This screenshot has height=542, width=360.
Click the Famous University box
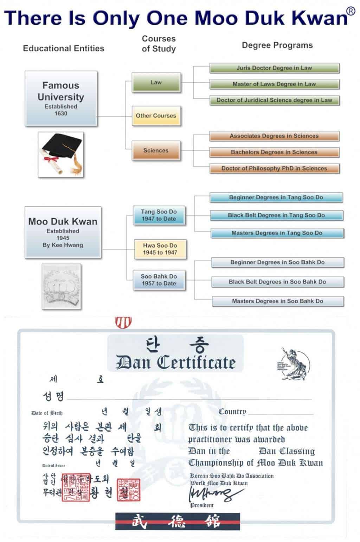coord(61,98)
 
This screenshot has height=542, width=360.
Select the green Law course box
coord(156,83)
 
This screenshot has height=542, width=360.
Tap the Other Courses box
coord(156,116)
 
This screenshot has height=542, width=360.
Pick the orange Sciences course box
coord(156,151)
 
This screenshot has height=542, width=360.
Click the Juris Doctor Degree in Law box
coord(274,68)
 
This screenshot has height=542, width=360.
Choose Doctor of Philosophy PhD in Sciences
coord(274,168)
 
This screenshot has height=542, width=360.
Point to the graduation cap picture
coord(61,154)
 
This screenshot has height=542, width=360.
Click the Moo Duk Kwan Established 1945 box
coord(63,232)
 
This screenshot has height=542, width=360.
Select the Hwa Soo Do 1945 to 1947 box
coord(160,249)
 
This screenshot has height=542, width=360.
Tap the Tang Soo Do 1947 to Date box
coord(159,215)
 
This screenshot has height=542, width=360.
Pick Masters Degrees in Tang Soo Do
coord(277,233)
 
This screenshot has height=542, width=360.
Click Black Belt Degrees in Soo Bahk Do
coord(277,282)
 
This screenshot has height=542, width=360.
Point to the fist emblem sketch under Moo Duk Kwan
coord(62,287)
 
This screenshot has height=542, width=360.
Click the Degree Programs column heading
coord(277,45)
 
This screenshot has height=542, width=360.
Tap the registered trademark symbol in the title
coord(351,11)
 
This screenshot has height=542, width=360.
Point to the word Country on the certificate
coord(232,412)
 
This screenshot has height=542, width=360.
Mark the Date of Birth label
coord(47,413)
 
